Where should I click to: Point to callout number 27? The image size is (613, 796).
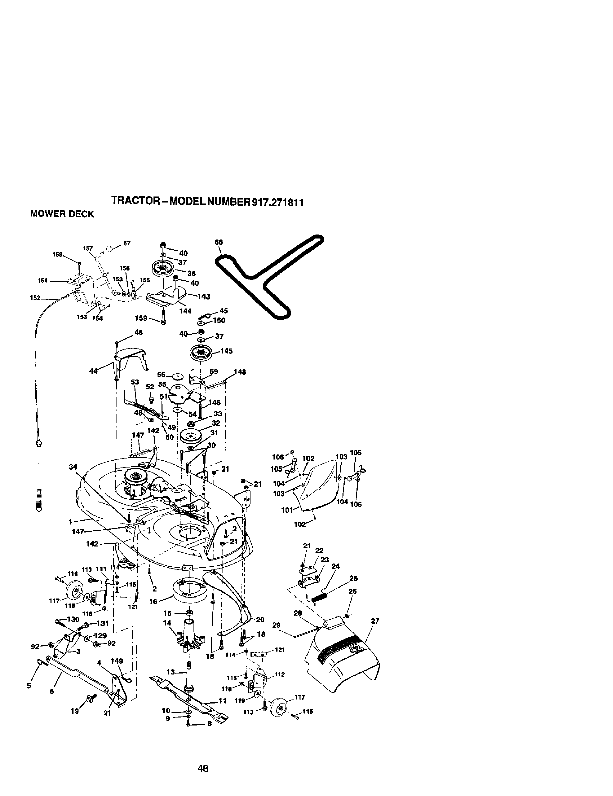point(374,621)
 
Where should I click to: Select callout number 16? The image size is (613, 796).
point(154,601)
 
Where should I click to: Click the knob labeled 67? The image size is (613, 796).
point(109,248)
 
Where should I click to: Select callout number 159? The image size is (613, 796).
point(141,318)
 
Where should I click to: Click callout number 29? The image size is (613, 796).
point(276,625)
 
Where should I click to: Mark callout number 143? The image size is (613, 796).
point(203,296)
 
